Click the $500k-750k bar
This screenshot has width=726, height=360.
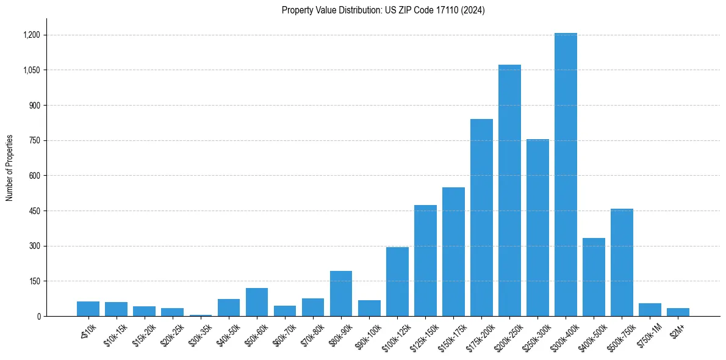622,262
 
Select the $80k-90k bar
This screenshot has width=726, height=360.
341,293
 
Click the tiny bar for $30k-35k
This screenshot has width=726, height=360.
200,315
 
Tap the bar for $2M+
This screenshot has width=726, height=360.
678,312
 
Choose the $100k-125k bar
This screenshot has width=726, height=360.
397,281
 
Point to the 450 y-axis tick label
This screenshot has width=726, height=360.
35,211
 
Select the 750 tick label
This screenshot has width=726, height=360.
35,140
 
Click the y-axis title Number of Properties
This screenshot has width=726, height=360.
10,168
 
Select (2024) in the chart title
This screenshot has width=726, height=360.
473,10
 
